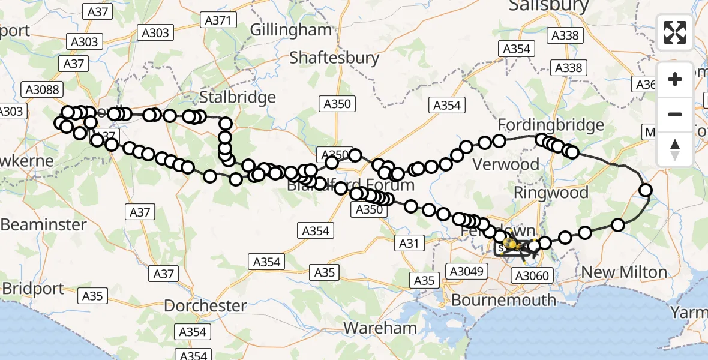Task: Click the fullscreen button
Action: click(675, 32)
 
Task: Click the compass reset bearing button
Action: click(675, 149)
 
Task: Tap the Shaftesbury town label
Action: click(334, 58)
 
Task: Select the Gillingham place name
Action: click(290, 29)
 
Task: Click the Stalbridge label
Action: click(238, 97)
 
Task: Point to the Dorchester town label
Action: click(205, 306)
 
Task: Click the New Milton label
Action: click(624, 272)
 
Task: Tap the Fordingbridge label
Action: click(551, 125)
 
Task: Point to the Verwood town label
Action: click(506, 164)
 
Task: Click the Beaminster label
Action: click(43, 225)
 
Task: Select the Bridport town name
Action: click(32, 289)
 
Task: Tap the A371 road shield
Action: click(217, 20)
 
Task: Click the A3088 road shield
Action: click(41, 89)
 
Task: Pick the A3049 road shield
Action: click(465, 271)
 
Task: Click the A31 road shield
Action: click(408, 243)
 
